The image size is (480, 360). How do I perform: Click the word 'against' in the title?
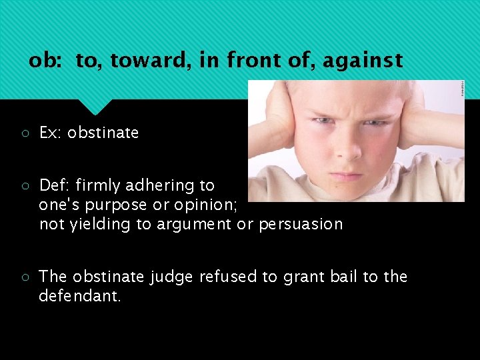pos(363,61)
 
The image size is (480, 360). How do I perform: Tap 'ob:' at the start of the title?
pos(46,61)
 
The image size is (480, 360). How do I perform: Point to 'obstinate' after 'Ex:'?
pos(103,133)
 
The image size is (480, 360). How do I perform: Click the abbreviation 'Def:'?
pos(55,185)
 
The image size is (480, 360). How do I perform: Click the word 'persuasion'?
pos(301,224)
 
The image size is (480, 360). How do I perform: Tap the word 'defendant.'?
pos(80,296)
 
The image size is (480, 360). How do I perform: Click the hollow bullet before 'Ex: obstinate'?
pos(23,133)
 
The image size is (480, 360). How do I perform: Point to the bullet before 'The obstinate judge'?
pos(23,277)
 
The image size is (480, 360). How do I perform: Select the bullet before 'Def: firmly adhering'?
pos(23,185)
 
